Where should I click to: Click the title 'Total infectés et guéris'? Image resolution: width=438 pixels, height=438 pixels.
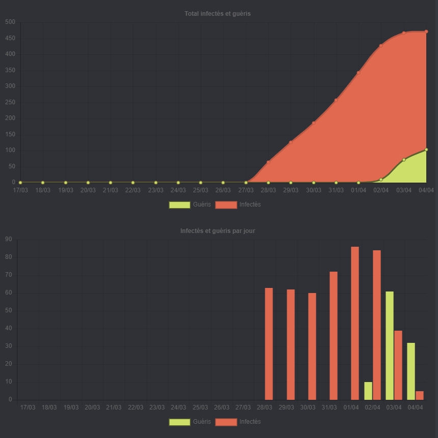pyautogui.click(x=217, y=14)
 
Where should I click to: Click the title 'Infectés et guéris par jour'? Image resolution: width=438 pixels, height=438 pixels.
pyautogui.click(x=217, y=231)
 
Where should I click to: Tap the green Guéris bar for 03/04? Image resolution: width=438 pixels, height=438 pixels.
pyautogui.click(x=390, y=345)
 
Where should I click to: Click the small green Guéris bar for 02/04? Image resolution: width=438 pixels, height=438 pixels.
pyautogui.click(x=368, y=391)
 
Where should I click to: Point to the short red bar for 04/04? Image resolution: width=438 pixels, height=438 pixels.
pyautogui.click(x=420, y=395)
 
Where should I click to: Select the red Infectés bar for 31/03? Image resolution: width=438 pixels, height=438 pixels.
pyautogui.click(x=334, y=336)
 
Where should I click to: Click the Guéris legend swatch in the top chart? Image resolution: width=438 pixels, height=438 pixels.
pyautogui.click(x=179, y=205)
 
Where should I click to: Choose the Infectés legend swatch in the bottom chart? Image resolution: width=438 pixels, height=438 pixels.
pyautogui.click(x=226, y=422)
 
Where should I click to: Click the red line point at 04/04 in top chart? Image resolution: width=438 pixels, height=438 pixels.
pyautogui.click(x=426, y=32)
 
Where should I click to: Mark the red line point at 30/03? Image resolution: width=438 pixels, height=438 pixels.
pyautogui.click(x=314, y=123)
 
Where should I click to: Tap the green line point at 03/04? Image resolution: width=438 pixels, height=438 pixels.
pyautogui.click(x=404, y=160)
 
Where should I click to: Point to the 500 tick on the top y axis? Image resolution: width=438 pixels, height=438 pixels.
pyautogui.click(x=10, y=22)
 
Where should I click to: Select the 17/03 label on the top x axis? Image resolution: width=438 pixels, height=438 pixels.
pyautogui.click(x=20, y=191)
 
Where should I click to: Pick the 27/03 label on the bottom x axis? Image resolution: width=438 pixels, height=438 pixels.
pyautogui.click(x=243, y=407)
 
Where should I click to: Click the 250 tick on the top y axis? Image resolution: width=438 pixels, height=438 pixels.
pyautogui.click(x=10, y=102)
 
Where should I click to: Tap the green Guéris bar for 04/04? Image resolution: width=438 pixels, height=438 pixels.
pyautogui.click(x=411, y=371)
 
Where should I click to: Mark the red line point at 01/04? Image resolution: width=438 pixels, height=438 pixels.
pyautogui.click(x=359, y=73)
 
